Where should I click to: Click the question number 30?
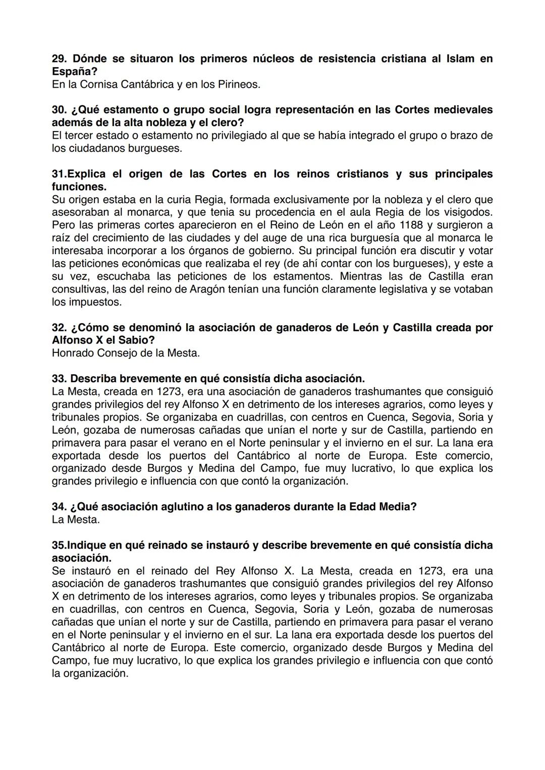59,110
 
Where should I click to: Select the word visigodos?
466,212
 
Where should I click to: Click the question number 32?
59,328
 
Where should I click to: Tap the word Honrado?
72,353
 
